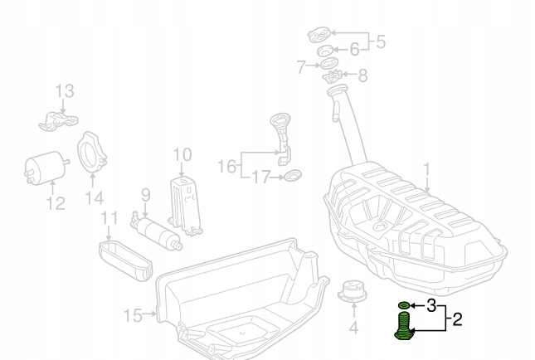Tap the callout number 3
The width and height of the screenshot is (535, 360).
pyautogui.click(x=430, y=305)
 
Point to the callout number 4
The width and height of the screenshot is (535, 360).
pyautogui.click(x=353, y=327)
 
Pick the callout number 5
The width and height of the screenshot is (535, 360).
pyautogui.click(x=381, y=40)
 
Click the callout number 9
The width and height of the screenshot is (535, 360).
pyautogui.click(x=144, y=196)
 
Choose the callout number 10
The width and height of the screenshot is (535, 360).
pyautogui.click(x=182, y=155)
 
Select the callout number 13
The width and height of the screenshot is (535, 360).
pyautogui.click(x=65, y=90)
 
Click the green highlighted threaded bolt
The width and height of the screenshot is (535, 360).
pyautogui.click(x=403, y=325)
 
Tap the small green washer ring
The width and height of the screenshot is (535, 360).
pyautogui.click(x=404, y=305)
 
